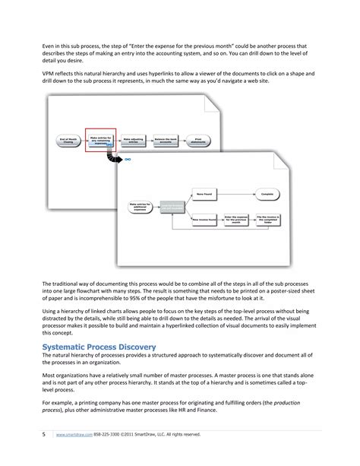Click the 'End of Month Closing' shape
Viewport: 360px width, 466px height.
(x=65, y=141)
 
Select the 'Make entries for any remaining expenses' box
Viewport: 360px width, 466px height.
(x=99, y=141)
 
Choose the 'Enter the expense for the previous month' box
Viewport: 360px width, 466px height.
(x=237, y=219)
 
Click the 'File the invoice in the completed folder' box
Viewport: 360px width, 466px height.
(x=270, y=219)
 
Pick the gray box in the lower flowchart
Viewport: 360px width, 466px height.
(x=172, y=206)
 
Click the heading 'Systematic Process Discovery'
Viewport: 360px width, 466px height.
(x=99, y=347)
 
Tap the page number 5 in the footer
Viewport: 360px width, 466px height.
(x=44, y=434)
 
